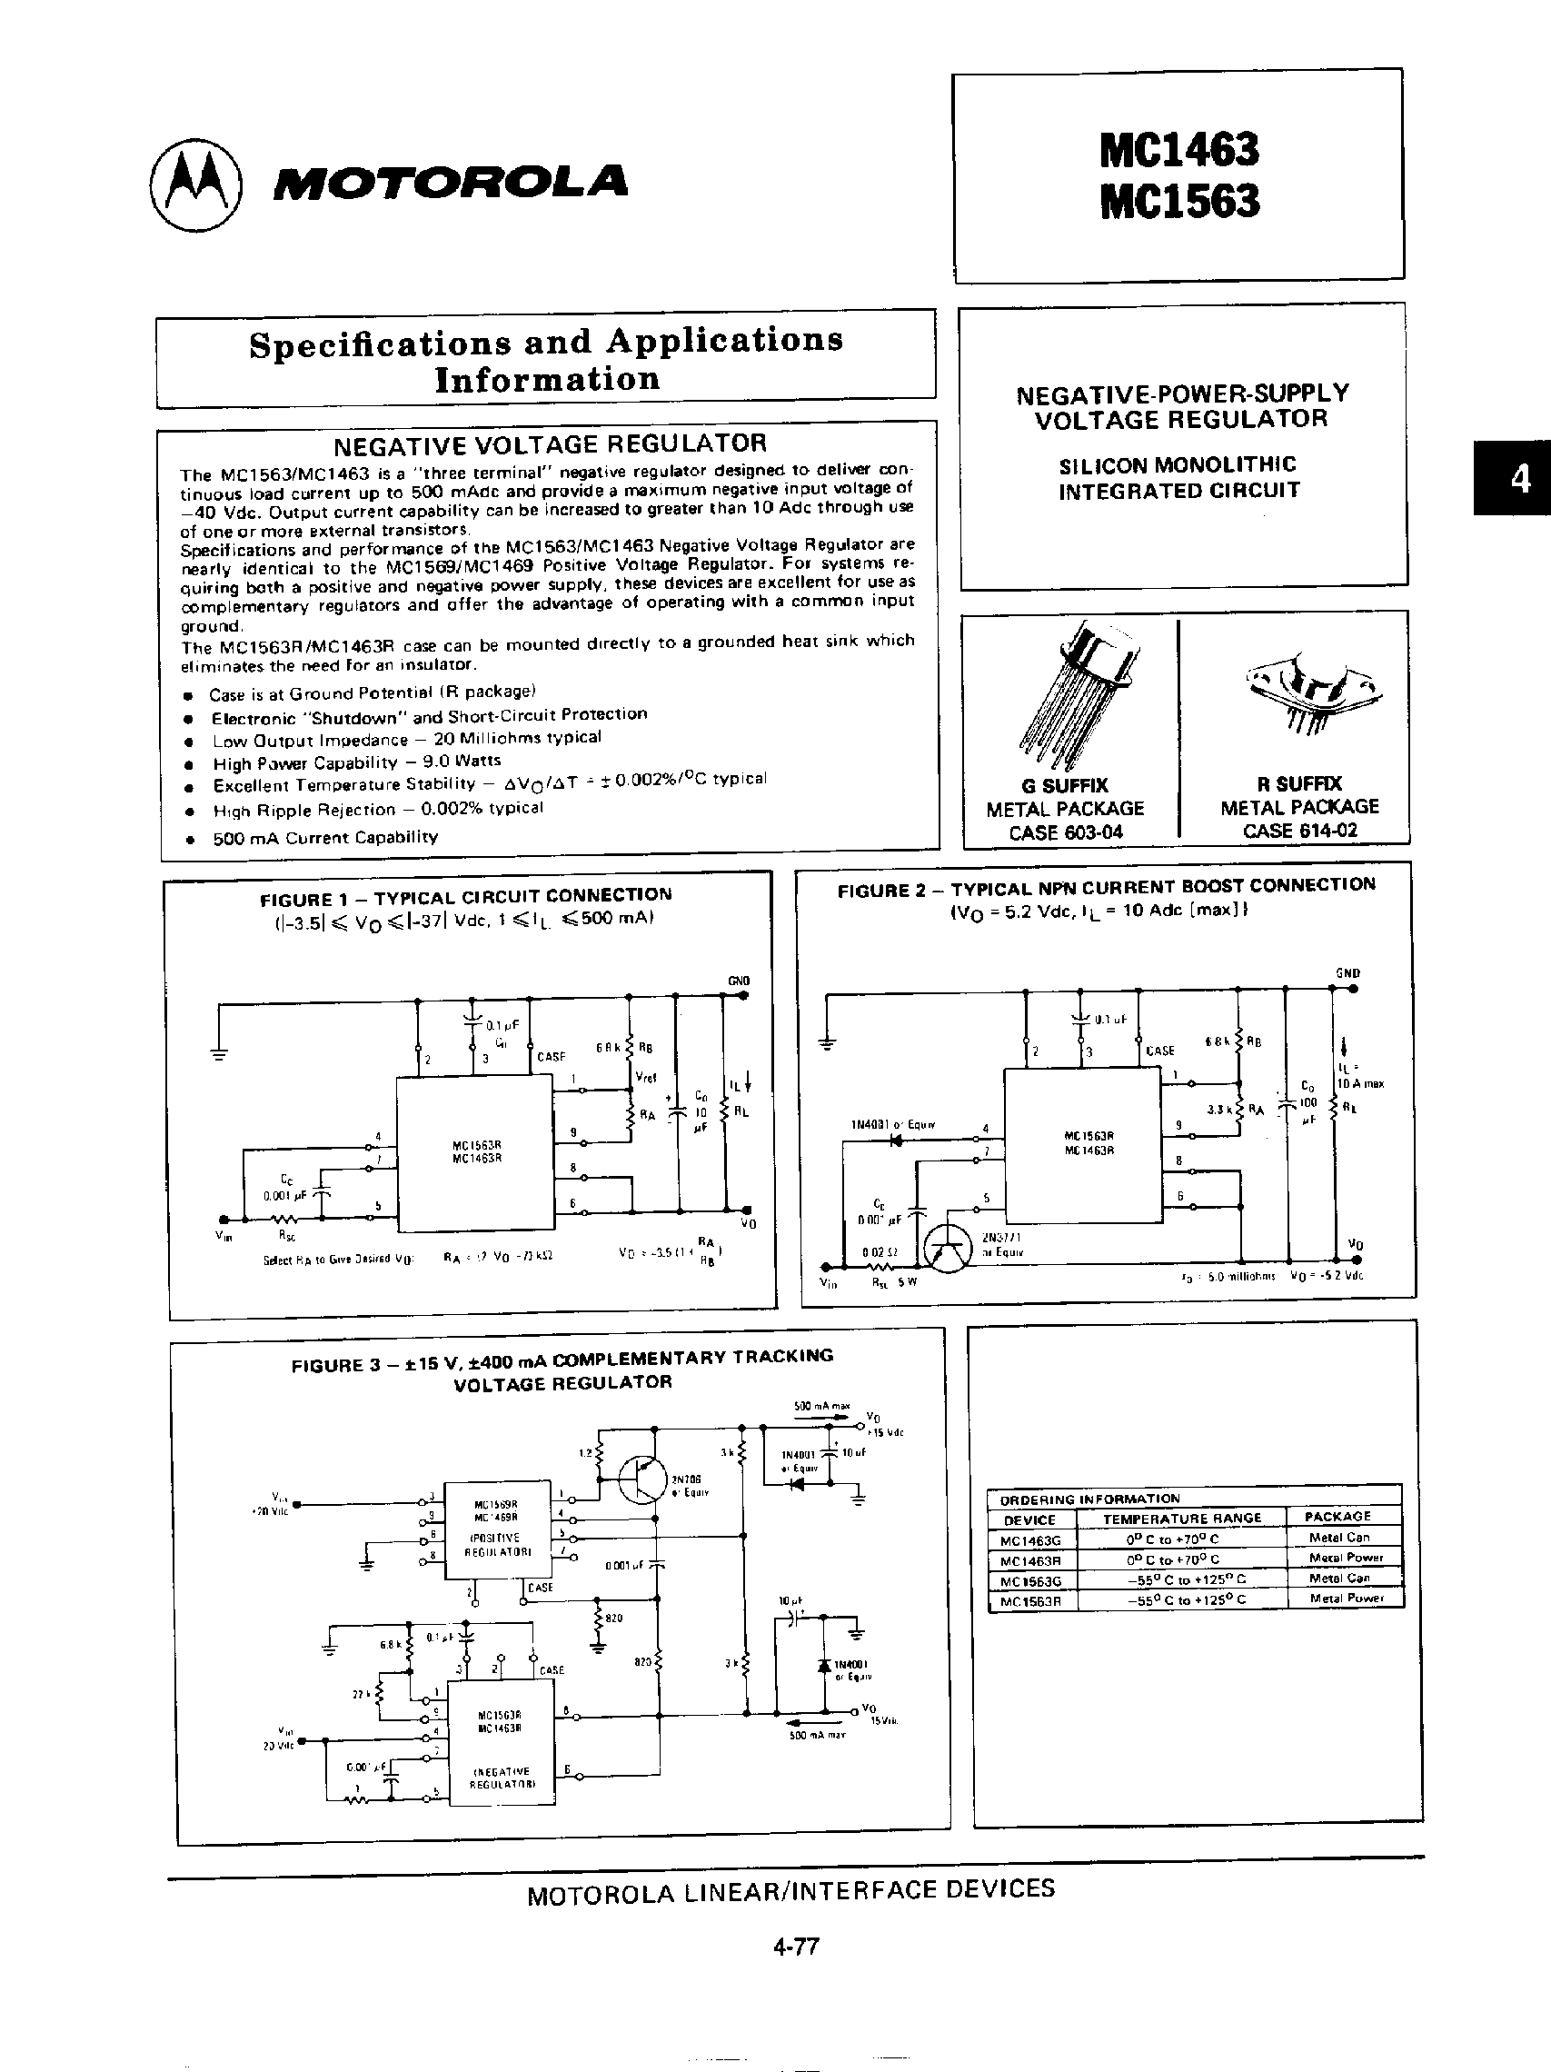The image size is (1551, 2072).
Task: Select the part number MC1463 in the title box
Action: pyautogui.click(x=1179, y=150)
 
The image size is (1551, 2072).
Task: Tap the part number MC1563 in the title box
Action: pyautogui.click(x=1179, y=202)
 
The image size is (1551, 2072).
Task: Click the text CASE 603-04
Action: pyautogui.click(x=1066, y=832)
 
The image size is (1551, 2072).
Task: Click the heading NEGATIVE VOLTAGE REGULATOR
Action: pyautogui.click(x=550, y=443)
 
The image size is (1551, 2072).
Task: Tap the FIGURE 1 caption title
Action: pyautogui.click(x=465, y=896)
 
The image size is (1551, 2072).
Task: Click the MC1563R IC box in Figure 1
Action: pyautogui.click(x=476, y=1152)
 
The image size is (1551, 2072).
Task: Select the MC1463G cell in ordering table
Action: pyautogui.click(x=1031, y=1539)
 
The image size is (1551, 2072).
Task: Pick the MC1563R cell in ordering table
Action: pyautogui.click(x=1031, y=1600)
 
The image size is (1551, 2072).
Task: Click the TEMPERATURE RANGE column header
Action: pyautogui.click(x=1182, y=1519)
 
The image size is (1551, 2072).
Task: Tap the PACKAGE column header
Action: pyautogui.click(x=1337, y=1517)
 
